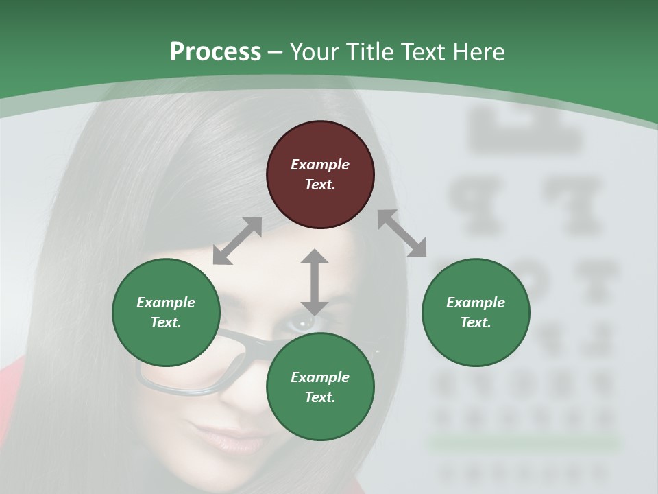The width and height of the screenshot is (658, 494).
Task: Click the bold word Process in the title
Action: (x=215, y=52)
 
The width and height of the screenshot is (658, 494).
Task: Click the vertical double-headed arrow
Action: (x=314, y=283)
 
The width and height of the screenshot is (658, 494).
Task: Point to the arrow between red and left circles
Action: (x=237, y=241)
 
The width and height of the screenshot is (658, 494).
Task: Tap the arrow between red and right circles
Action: (x=402, y=233)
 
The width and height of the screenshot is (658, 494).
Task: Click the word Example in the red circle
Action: (x=320, y=165)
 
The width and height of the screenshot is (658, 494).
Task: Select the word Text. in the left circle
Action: (x=166, y=322)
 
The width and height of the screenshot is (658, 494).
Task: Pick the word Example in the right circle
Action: (x=476, y=303)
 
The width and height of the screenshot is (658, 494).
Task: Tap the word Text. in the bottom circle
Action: (x=320, y=397)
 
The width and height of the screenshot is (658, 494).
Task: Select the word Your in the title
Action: (x=315, y=52)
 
